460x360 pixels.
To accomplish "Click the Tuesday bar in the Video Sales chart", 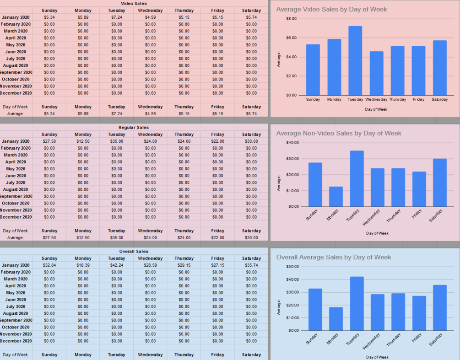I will [355, 61].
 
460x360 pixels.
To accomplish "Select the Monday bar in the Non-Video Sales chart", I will [336, 197].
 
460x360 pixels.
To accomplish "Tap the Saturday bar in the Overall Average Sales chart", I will [439, 308].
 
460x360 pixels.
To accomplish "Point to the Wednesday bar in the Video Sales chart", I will [376, 73].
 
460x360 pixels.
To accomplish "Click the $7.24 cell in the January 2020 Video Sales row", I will [117, 17].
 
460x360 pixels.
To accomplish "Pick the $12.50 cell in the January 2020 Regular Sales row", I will [83, 141].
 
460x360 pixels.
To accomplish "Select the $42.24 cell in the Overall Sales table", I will [117, 265].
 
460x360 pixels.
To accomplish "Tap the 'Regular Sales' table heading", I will [134, 128].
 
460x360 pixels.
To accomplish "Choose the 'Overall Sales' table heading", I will [134, 251].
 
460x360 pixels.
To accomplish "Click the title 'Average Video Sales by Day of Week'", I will [331, 9].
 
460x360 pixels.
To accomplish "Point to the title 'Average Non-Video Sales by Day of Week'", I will [339, 133].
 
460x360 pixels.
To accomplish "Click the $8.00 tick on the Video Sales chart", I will [291, 19].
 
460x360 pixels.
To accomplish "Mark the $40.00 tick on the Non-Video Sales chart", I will [292, 143].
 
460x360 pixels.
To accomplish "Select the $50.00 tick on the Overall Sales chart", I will [292, 266].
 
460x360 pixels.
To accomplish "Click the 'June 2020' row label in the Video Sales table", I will [16, 52].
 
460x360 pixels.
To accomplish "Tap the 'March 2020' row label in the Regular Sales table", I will [16, 155].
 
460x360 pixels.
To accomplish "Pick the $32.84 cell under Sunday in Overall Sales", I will [49, 265].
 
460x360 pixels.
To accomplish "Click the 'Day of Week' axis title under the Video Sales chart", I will [376, 109].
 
